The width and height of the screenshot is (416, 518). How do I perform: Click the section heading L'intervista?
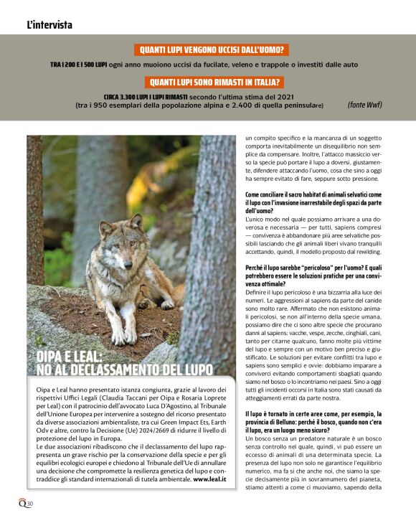[49, 25]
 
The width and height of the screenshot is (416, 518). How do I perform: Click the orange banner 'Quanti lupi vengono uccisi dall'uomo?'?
[211, 50]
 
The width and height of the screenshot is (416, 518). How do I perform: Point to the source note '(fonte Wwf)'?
[364, 104]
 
